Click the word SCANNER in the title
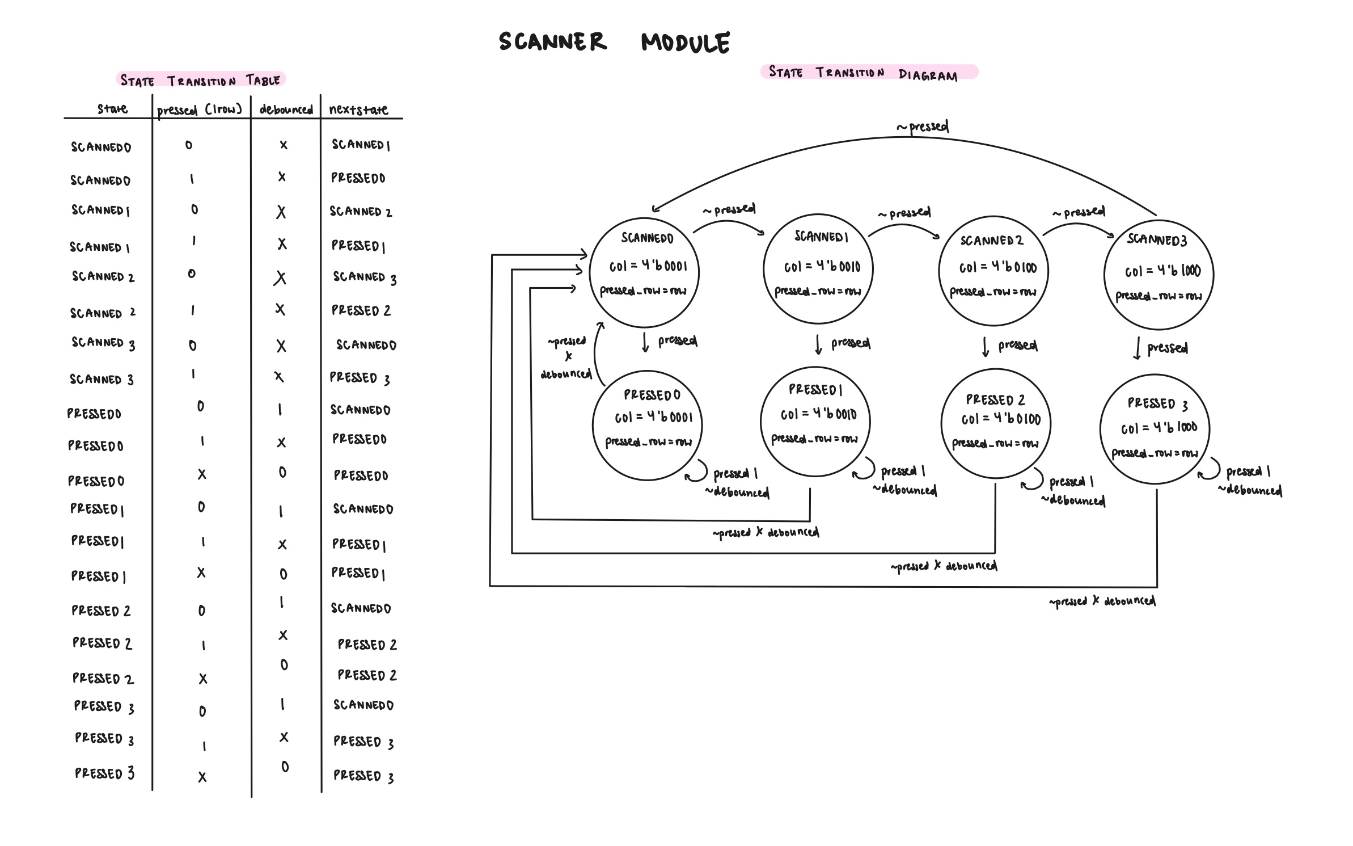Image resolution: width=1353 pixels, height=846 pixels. pyautogui.click(x=552, y=41)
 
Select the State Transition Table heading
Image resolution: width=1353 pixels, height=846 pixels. pyautogui.click(x=200, y=80)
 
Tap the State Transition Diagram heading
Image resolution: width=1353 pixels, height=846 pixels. pyautogui.click(x=863, y=73)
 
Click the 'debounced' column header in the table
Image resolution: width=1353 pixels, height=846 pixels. pyautogui.click(x=286, y=110)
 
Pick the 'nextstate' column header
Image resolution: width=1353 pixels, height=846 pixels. pyautogui.click(x=358, y=109)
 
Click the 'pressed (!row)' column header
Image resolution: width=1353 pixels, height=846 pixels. pyautogui.click(x=200, y=110)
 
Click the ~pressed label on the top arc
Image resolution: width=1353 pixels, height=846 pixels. pyautogui.click(x=922, y=127)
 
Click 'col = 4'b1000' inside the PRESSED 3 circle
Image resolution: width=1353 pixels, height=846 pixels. pyautogui.click(x=1158, y=428)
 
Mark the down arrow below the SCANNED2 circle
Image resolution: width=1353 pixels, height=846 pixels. pyautogui.click(x=986, y=347)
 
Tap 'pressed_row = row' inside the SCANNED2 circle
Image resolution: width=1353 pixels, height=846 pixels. pyautogui.click(x=993, y=292)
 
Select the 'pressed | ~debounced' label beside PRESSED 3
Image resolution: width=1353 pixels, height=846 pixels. pyautogui.click(x=1249, y=481)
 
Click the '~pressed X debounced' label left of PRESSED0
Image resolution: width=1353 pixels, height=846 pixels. pyautogui.click(x=566, y=357)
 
